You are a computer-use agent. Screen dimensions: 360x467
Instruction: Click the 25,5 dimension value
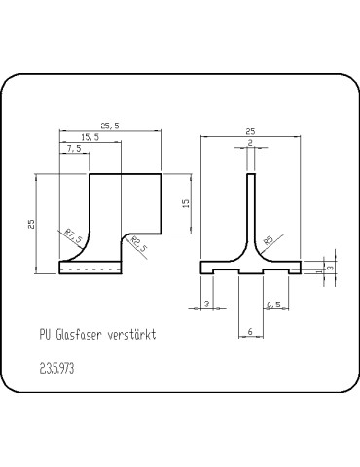110,126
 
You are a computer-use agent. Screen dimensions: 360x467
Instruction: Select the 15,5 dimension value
90,137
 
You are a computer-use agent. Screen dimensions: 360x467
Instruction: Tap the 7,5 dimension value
74,149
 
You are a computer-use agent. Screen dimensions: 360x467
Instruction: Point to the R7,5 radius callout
74,235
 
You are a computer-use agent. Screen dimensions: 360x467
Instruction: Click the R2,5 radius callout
139,244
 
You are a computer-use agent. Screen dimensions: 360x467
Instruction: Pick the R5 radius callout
269,240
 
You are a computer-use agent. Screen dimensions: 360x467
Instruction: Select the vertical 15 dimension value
186,203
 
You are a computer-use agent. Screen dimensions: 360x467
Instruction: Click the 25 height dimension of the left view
31,224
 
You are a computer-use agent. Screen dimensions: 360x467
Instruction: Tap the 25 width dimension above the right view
250,131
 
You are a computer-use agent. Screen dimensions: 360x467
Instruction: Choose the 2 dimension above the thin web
250,143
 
